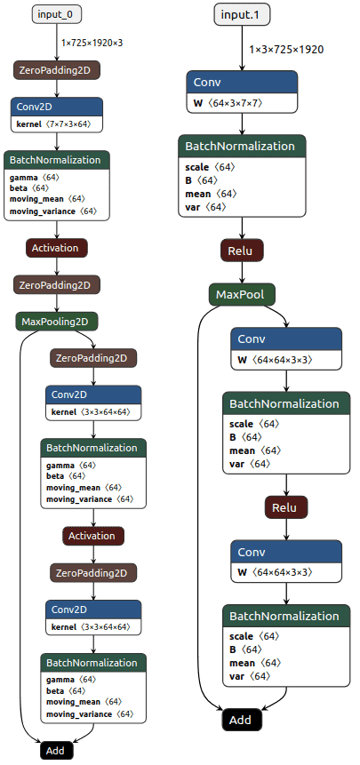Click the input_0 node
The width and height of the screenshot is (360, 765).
coord(57,14)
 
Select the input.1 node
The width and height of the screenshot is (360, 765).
coord(242,14)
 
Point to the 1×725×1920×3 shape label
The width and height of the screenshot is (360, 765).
coord(92,43)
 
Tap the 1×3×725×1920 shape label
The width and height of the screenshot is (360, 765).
coord(286,49)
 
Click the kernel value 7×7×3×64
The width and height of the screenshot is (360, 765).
coord(68,124)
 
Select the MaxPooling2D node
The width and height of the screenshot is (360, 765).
coord(57,322)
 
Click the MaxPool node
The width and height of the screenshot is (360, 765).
coord(243,295)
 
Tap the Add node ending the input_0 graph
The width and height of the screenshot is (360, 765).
coord(57,751)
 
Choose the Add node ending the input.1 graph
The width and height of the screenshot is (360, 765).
coord(242,720)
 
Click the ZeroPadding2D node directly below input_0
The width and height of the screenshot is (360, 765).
coord(57,70)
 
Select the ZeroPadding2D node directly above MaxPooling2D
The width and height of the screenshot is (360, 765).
coord(57,284)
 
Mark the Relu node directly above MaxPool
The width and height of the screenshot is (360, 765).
coord(242,251)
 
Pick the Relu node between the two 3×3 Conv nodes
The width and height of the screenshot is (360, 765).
coord(286,507)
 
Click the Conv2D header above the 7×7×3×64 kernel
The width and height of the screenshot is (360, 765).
coord(57,107)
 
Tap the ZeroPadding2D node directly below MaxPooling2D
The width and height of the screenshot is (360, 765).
coord(93,359)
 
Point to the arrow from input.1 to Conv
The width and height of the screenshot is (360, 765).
coord(242,48)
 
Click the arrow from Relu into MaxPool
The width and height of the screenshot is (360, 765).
coord(242,274)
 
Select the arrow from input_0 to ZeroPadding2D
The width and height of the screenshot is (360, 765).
coord(57,43)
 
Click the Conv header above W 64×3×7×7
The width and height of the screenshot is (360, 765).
coord(242,82)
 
